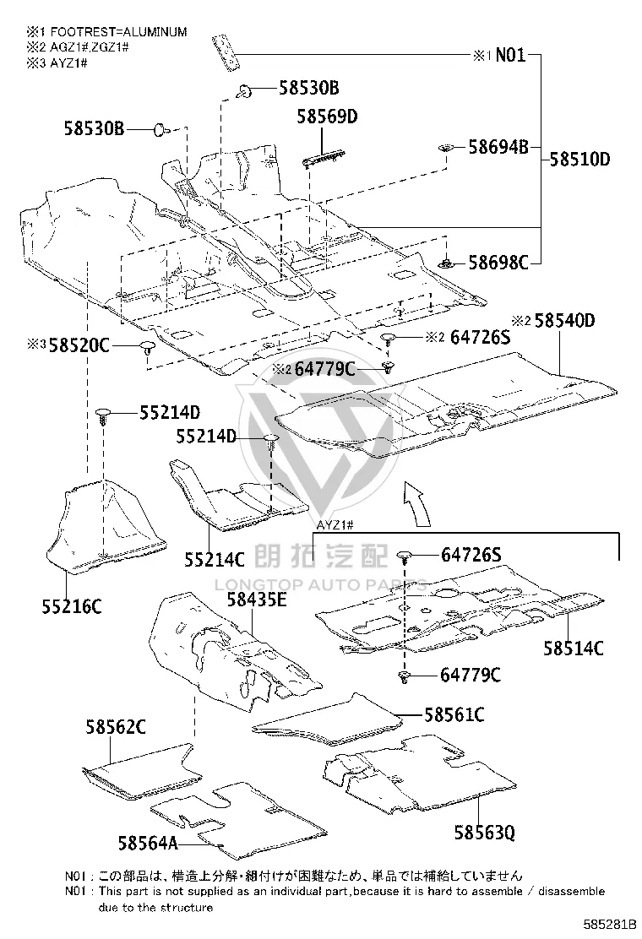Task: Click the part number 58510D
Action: click(x=579, y=160)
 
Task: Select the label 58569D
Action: click(x=327, y=117)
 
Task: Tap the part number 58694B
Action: click(x=498, y=147)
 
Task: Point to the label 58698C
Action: click(x=498, y=263)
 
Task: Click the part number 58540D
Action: click(x=565, y=320)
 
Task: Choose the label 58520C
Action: click(x=79, y=345)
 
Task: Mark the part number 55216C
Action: click(x=72, y=606)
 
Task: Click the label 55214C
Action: click(x=215, y=559)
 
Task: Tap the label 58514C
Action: click(x=573, y=648)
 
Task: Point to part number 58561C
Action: click(x=454, y=714)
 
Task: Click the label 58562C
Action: click(x=116, y=727)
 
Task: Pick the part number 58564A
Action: click(x=148, y=844)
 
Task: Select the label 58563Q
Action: click(x=485, y=833)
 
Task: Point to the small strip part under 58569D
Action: click(x=323, y=158)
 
